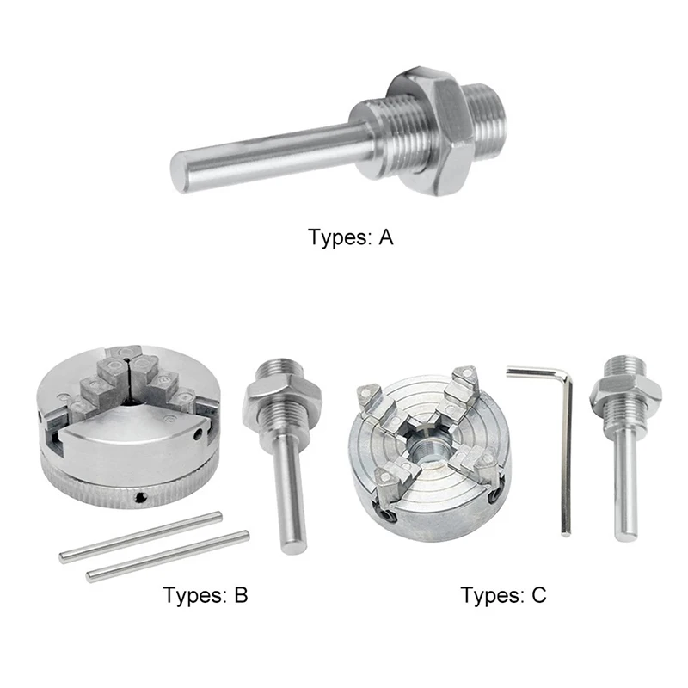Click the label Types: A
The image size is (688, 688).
350,238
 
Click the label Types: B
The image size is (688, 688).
206,594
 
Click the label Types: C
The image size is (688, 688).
503,594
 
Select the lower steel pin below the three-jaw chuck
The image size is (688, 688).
168,556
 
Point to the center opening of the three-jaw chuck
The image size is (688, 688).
129,376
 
